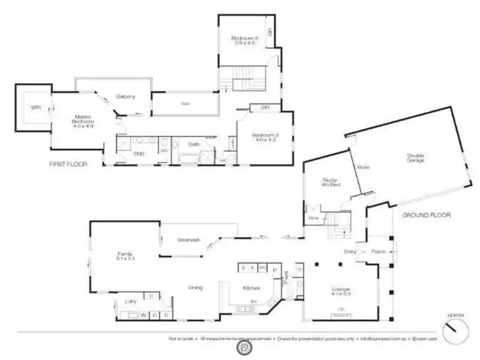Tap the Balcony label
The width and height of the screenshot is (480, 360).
tap(125, 97)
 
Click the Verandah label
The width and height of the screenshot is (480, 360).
tap(189, 240)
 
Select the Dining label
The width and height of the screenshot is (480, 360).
tap(195, 288)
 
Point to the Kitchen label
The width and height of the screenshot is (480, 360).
tap(250, 288)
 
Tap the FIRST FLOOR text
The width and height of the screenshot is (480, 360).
tap(68, 164)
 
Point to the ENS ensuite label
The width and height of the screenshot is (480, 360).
tap(138, 154)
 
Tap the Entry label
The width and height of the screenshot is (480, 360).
tap(350, 252)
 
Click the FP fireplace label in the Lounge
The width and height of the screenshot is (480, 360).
tap(341, 310)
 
